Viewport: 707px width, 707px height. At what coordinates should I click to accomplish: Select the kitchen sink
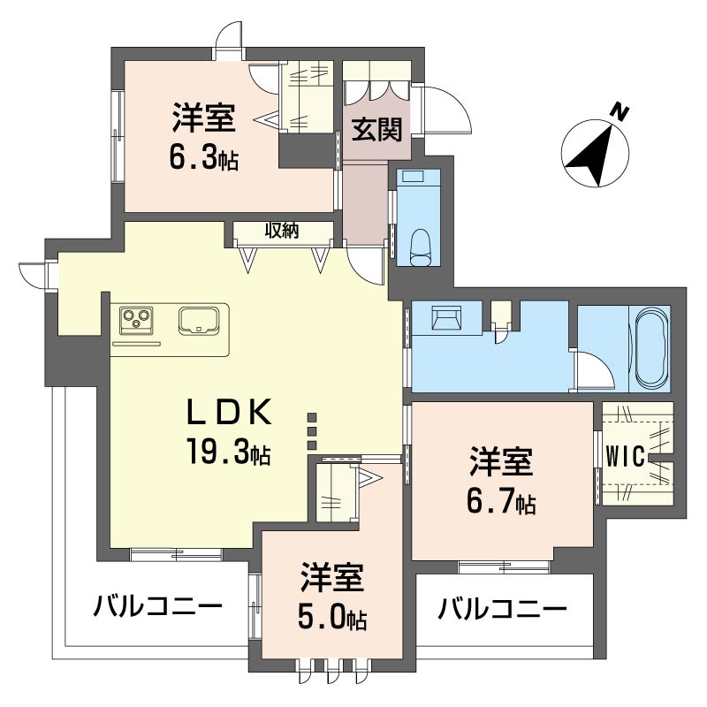pos(198,321)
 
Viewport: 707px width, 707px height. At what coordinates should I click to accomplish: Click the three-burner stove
pos(136,320)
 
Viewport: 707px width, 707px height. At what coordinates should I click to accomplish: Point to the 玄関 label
pos(376,129)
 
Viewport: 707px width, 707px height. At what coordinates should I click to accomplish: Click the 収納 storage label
pos(281,231)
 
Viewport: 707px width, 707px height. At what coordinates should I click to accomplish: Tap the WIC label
pos(625,458)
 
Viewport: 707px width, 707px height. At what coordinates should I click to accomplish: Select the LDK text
pos(230,412)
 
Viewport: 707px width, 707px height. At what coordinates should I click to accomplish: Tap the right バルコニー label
pos(502,608)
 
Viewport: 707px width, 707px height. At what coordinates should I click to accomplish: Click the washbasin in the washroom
pos(446,318)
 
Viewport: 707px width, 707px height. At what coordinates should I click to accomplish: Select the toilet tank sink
pos(411,175)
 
